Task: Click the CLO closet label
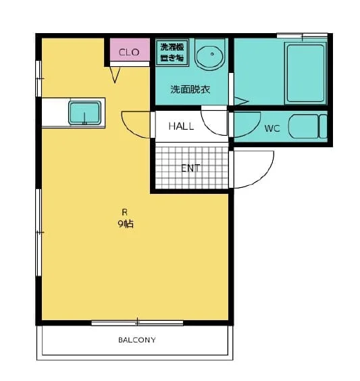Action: pyautogui.click(x=129, y=52)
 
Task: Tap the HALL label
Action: pyautogui.click(x=181, y=126)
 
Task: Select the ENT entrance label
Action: pyautogui.click(x=190, y=168)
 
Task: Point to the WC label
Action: pyautogui.click(x=272, y=128)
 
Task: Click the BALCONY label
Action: pyautogui.click(x=137, y=340)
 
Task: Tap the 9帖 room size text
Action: pyautogui.click(x=126, y=224)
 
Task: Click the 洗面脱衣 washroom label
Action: pyautogui.click(x=190, y=90)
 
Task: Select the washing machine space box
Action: pyautogui.click(x=172, y=53)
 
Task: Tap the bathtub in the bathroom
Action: pyautogui.click(x=305, y=73)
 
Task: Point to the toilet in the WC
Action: pyautogui.click(x=308, y=126)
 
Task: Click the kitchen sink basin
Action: pyautogui.click(x=84, y=113)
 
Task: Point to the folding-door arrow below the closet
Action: pyautogui.click(x=115, y=75)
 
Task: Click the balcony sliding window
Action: pyautogui.click(x=137, y=323)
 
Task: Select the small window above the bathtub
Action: pyautogui.click(x=302, y=36)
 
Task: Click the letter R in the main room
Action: pyautogui.click(x=124, y=212)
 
